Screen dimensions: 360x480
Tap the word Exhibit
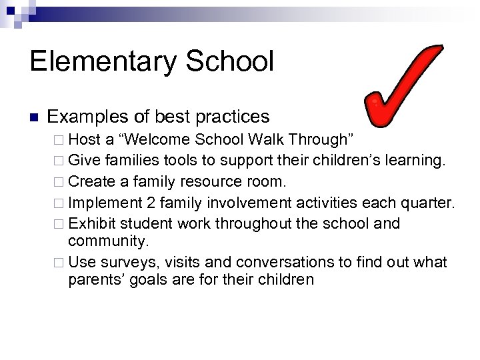coord(90,223)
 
